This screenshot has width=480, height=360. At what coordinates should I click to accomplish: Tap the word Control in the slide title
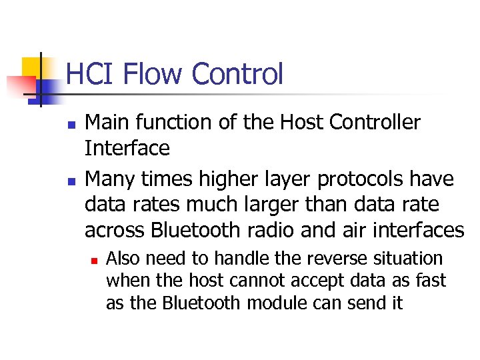coord(237,74)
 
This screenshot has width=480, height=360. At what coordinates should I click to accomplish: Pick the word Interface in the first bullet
coord(127,148)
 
